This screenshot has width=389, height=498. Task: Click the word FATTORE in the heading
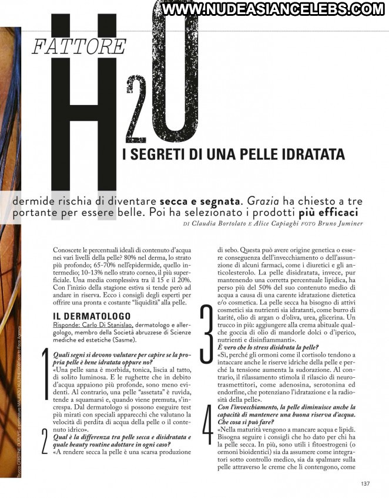[x=79, y=47]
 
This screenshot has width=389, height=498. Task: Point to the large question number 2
[x=45, y=442]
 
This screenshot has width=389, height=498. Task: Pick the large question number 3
[x=206, y=331]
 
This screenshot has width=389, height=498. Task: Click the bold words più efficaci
[x=328, y=212]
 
